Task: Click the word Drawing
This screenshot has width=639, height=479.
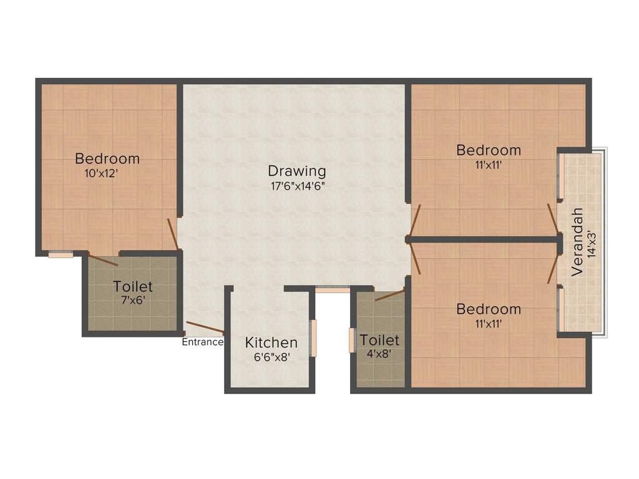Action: (297, 171)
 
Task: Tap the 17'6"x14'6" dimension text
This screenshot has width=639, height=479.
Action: (298, 186)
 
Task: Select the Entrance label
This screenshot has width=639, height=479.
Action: (203, 342)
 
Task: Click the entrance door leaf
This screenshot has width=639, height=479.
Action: (205, 327)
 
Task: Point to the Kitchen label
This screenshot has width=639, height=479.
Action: (271, 342)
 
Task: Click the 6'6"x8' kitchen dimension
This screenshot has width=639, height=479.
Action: (272, 357)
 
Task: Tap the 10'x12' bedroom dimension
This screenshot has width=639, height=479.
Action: (101, 173)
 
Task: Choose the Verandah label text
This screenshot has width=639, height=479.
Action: (577, 242)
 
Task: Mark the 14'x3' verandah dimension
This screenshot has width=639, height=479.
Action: (592, 244)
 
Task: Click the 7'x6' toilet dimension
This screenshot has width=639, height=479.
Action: (133, 301)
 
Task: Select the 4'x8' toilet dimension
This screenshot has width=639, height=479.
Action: (379, 354)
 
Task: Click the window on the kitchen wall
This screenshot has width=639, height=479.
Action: (313, 338)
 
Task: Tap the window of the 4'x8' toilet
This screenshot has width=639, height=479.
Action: (352, 340)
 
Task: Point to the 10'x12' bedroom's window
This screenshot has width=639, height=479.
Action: (61, 255)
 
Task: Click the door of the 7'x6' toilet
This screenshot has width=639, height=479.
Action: (103, 259)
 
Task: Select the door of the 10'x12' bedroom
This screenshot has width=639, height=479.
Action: (173, 235)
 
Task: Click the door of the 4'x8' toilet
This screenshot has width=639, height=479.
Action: (389, 295)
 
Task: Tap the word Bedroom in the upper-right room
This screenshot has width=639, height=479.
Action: (488, 150)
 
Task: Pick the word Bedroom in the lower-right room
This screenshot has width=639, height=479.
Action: (488, 309)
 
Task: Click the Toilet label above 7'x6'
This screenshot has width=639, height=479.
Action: (133, 286)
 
